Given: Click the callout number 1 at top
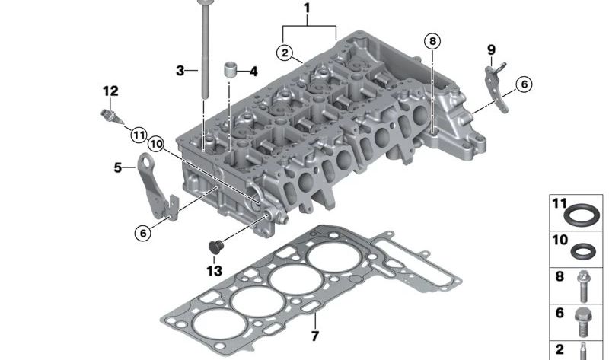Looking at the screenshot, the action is pyautogui.click(x=307, y=8).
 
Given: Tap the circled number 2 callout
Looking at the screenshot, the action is pyautogui.click(x=285, y=53).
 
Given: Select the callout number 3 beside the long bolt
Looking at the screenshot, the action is pyautogui.click(x=180, y=71).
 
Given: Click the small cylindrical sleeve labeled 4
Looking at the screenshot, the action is pyautogui.click(x=231, y=70).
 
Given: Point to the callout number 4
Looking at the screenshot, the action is pyautogui.click(x=253, y=72).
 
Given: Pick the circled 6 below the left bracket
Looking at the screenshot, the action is pyautogui.click(x=143, y=233).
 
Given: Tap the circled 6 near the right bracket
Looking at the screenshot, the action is pyautogui.click(x=524, y=84).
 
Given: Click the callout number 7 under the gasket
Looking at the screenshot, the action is pyautogui.click(x=314, y=336).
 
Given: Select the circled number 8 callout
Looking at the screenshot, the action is pyautogui.click(x=432, y=41).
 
